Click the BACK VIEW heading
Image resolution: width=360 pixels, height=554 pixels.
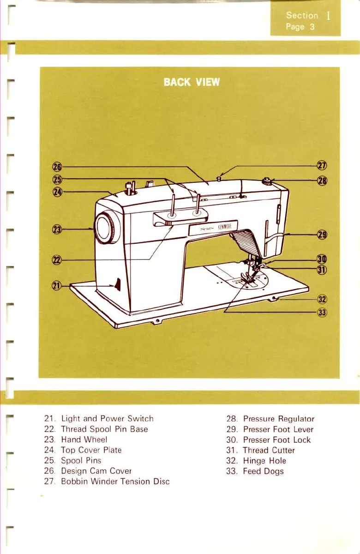point(192,83)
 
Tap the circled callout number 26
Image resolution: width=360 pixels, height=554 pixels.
point(58,167)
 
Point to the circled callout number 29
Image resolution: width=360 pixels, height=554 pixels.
point(322,235)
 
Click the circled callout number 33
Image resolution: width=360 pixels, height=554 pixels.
point(322,313)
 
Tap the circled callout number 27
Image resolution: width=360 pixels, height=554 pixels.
point(322,166)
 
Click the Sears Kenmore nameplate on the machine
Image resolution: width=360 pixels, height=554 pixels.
point(213,228)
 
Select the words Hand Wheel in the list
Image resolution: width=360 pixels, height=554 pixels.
point(84,440)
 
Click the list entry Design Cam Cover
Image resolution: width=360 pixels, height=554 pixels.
point(96,471)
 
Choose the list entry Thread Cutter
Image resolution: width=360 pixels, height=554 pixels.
point(269,450)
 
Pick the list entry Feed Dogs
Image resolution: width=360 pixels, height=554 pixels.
point(263,471)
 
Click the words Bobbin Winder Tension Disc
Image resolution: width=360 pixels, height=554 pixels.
point(115,482)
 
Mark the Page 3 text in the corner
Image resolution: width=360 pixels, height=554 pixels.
point(300,27)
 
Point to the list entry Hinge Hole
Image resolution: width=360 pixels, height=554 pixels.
point(264,461)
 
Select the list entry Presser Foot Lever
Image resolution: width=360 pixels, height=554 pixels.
point(278,429)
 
